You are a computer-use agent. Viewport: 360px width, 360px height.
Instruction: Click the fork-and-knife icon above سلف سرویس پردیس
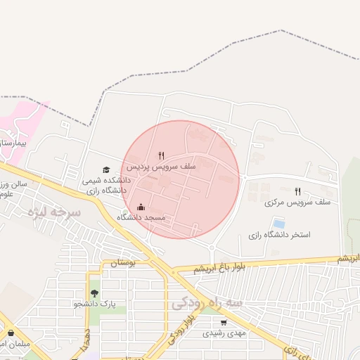click(x=161, y=156)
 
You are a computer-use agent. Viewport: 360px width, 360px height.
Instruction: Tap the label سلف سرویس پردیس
click(x=150, y=168)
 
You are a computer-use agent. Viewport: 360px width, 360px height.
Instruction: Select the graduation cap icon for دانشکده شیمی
click(x=106, y=169)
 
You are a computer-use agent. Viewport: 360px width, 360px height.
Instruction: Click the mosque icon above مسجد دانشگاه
click(x=141, y=207)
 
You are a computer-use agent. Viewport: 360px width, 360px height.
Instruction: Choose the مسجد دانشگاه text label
click(x=141, y=219)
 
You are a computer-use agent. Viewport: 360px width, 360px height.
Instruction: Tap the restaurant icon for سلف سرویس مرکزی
click(x=297, y=191)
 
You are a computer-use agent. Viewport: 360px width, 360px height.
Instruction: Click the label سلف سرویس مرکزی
click(x=288, y=202)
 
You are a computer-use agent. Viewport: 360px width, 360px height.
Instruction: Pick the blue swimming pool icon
click(x=279, y=224)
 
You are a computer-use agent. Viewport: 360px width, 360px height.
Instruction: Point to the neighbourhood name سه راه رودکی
click(x=207, y=303)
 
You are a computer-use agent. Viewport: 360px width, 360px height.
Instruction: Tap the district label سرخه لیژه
click(x=53, y=211)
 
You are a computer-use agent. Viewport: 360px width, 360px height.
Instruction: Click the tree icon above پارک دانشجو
click(x=94, y=293)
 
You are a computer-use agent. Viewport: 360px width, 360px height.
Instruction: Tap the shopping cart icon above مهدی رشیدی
click(x=224, y=323)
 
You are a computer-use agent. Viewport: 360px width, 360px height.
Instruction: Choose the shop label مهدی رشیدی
click(x=224, y=333)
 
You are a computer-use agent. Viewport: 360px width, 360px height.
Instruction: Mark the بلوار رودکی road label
click(x=179, y=327)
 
